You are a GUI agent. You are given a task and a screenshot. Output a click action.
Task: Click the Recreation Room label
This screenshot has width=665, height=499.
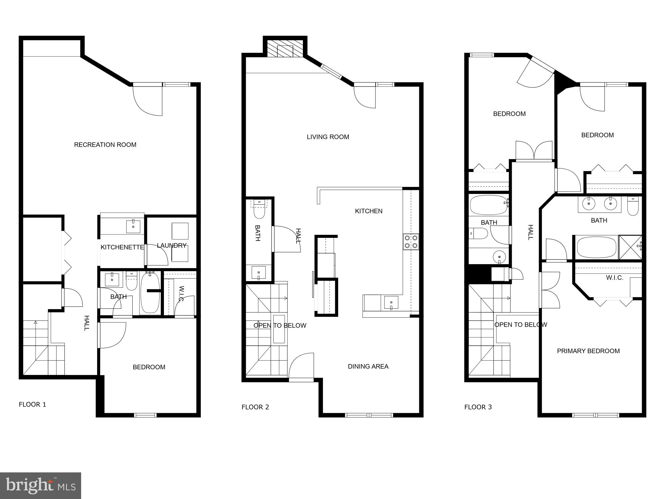coord(105,145)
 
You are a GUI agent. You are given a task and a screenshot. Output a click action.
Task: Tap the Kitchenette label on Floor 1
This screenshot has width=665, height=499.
coord(122,247)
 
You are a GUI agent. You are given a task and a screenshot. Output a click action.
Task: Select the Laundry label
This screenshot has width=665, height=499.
coord(172,246)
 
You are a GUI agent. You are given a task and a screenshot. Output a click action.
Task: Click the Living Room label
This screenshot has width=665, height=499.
coord(328,137)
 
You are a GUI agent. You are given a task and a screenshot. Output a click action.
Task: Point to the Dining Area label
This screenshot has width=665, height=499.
coord(368,366)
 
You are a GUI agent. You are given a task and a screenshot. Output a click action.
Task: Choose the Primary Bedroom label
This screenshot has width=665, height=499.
coord(588,351)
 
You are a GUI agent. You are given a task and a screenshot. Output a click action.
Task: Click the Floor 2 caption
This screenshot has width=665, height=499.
coord(255,407)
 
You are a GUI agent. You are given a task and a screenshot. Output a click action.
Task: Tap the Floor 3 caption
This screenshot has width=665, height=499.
coord(478,407)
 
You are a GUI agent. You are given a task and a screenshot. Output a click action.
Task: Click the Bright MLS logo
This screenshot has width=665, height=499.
coord(41,486)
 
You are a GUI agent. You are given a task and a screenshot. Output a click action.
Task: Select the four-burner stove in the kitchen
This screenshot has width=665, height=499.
coord(411,242)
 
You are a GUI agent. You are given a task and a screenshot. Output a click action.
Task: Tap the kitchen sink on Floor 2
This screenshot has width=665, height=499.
coord(391,302)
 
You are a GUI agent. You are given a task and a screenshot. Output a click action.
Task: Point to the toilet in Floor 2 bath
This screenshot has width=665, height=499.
coord(259,210)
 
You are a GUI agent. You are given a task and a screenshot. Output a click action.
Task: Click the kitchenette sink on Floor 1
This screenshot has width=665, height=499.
coord(133,227)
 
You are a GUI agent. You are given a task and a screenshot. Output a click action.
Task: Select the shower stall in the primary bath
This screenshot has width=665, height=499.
coord(630,247)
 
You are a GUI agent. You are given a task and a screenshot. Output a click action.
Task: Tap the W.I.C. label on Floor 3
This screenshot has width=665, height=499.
coord(614,278)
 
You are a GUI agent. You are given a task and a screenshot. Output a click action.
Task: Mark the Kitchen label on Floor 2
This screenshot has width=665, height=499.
coord(369,211)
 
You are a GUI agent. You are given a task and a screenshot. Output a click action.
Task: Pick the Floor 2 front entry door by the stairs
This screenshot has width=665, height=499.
coord(301,366)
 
